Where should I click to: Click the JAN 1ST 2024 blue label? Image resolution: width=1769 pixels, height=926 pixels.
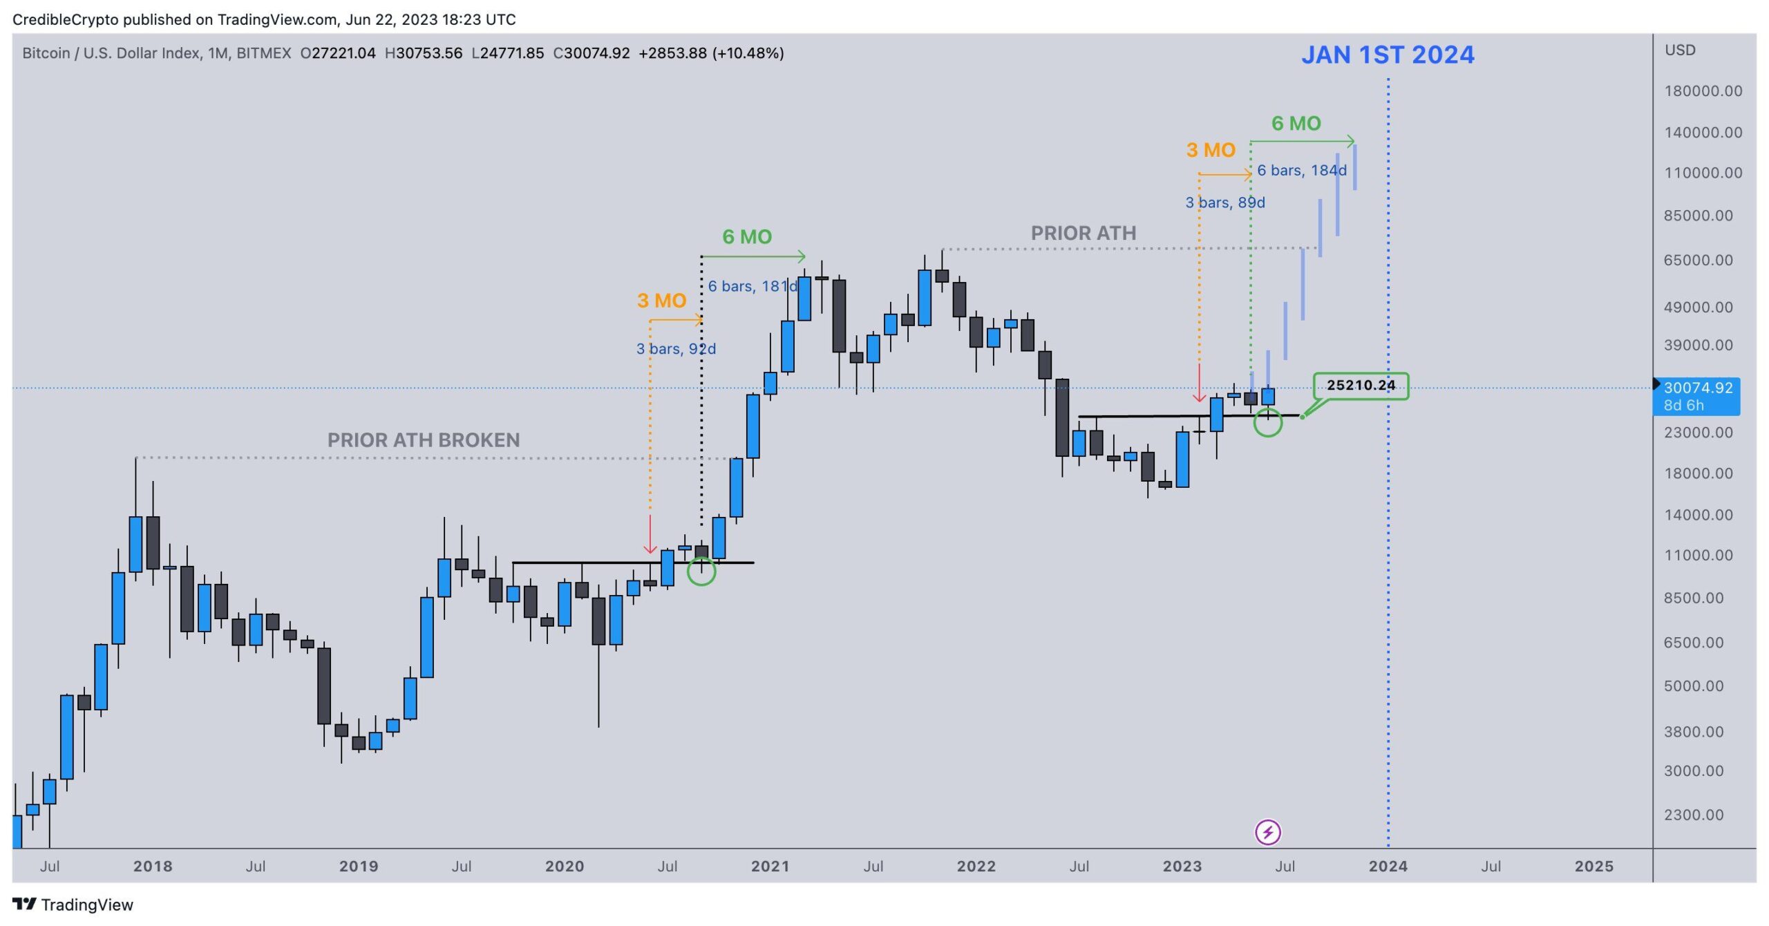point(1387,55)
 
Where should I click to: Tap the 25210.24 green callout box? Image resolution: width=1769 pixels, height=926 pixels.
point(1360,386)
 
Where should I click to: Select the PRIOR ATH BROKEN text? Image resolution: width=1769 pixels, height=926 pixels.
point(423,440)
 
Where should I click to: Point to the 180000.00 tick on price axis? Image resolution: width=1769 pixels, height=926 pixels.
point(1703,91)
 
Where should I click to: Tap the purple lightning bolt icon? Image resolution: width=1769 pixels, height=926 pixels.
point(1267,832)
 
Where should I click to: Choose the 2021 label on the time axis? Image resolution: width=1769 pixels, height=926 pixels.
point(770,867)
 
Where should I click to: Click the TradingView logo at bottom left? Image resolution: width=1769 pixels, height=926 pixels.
point(73,905)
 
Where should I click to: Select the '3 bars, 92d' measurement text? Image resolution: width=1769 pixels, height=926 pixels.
point(676,349)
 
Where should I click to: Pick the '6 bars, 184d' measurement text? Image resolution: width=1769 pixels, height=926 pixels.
point(1301,171)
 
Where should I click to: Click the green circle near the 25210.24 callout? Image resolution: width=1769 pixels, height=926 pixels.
point(1267,422)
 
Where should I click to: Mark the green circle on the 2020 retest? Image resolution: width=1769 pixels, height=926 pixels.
point(701,571)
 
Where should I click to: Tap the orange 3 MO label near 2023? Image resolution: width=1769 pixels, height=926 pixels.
point(1210,150)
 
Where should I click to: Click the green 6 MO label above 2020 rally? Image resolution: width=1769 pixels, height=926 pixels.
point(746,237)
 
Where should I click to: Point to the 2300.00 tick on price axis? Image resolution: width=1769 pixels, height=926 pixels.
point(1693,815)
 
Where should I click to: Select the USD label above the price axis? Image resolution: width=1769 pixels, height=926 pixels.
point(1679,50)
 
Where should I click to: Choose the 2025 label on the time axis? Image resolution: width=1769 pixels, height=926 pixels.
point(1593,867)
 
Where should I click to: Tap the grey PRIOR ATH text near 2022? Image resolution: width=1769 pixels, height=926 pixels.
point(1083,234)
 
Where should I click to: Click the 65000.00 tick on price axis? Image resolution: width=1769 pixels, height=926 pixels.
point(1698,261)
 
